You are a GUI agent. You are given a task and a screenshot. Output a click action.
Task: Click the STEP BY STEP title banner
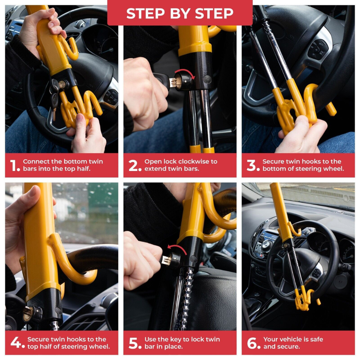click(x=180, y=13)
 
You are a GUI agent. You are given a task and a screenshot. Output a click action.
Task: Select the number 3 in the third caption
click(x=253, y=166)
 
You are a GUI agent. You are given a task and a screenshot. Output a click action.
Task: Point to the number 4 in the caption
click(x=17, y=343)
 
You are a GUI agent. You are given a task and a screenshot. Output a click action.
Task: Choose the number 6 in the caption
click(x=253, y=343)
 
